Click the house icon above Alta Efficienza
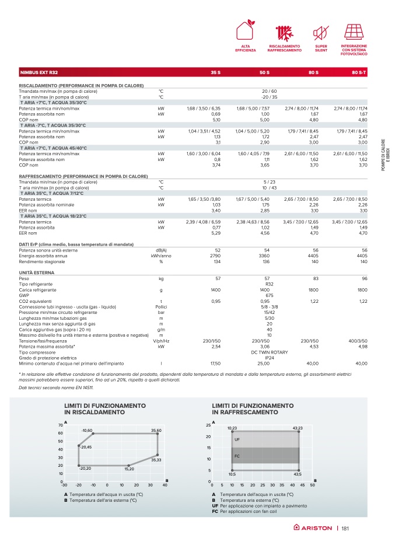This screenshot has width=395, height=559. coord(246,31)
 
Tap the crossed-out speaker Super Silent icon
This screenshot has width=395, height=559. coord(320,31)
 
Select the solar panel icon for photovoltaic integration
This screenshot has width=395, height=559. coord(354,31)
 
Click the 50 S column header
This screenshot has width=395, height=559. coord(264,72)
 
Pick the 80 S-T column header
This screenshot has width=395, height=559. coord(359,72)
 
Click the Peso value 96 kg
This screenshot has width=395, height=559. coord(364,279)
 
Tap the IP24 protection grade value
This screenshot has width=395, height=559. coord(269,358)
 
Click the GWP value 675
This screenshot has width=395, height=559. coord(269,295)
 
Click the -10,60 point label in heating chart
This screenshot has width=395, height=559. coord(88,430)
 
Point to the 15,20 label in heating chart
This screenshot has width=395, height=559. coord(130,469)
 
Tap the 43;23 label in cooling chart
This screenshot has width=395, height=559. coord(297,428)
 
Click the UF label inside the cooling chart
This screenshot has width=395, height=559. coord(237,439)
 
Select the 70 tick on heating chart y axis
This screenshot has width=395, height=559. coord(60,425)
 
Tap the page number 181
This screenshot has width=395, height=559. coord(345,528)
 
